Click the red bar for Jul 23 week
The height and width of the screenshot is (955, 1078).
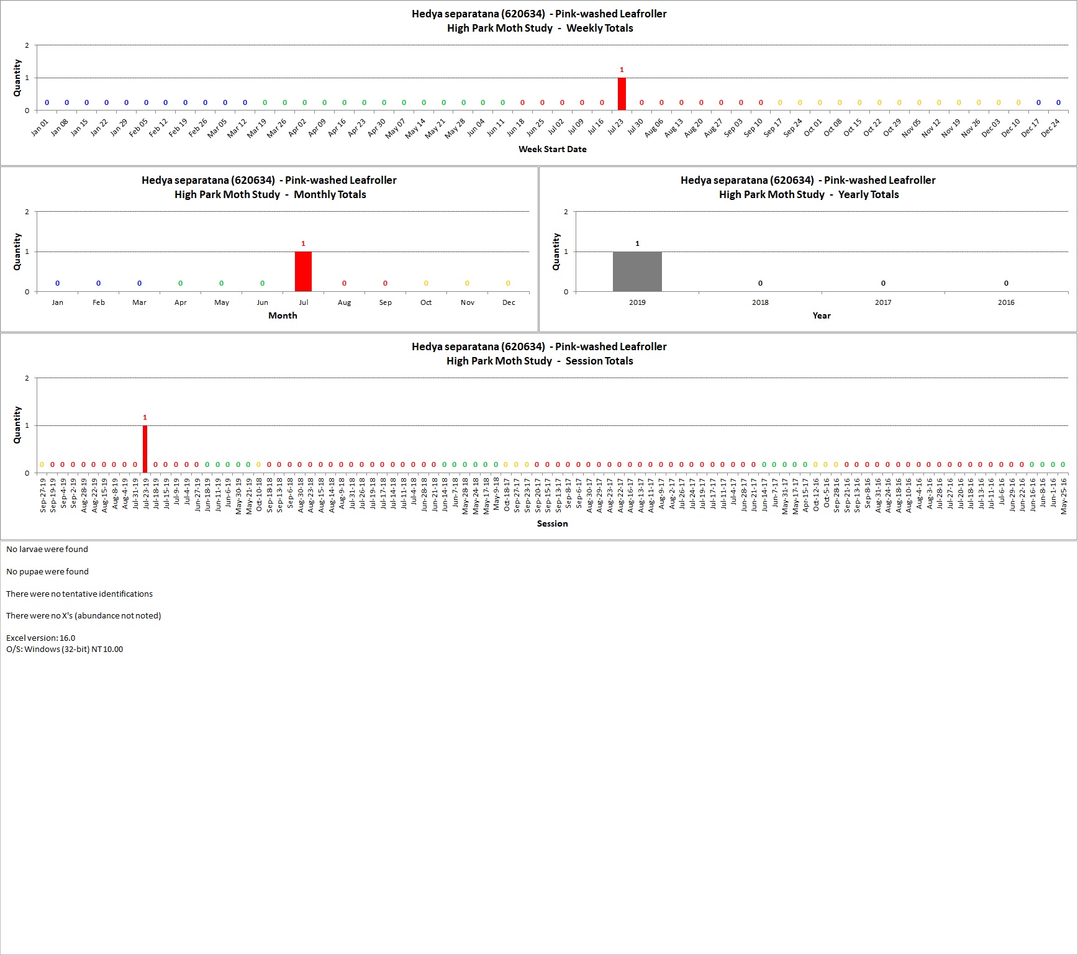point(622,94)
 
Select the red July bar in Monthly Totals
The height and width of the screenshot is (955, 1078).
point(303,271)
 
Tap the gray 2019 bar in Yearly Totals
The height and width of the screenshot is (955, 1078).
point(637,271)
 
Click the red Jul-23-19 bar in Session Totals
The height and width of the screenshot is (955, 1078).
point(145,449)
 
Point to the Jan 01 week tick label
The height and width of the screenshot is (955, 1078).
point(40,127)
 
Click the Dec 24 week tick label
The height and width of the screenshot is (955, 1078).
point(1051,127)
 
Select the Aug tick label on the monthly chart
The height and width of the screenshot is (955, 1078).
point(344,302)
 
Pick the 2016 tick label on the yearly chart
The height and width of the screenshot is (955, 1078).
point(1006,302)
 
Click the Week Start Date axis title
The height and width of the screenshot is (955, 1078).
point(553,149)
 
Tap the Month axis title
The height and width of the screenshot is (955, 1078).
point(283,315)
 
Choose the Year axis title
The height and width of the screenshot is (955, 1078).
point(822,315)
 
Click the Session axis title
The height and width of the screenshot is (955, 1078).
point(553,523)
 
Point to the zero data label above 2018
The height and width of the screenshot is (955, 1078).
point(760,283)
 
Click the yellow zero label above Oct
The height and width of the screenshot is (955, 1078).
point(426,283)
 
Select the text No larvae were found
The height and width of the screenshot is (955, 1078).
point(47,549)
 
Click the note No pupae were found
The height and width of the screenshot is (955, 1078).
point(47,571)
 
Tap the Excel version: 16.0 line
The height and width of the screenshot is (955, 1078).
point(40,638)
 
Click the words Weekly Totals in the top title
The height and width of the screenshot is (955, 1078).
point(600,28)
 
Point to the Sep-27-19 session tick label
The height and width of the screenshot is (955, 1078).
point(43,495)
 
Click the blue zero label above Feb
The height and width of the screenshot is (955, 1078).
point(98,283)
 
